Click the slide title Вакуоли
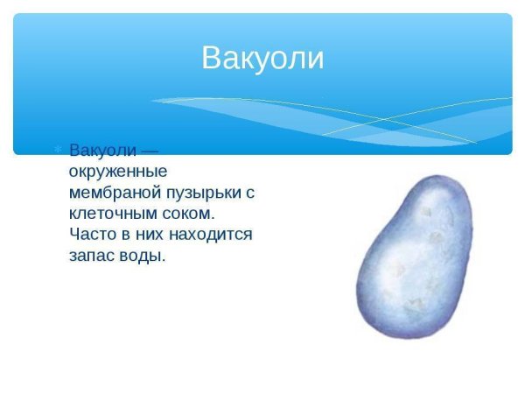pos(262,58)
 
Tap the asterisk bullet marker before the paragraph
pos(59,151)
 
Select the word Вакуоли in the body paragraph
pos(101,151)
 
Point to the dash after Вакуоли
pos(149,151)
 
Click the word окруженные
pos(117,172)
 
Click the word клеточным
pos(109,214)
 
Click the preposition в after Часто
pos(123,236)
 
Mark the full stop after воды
pos(164,261)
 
